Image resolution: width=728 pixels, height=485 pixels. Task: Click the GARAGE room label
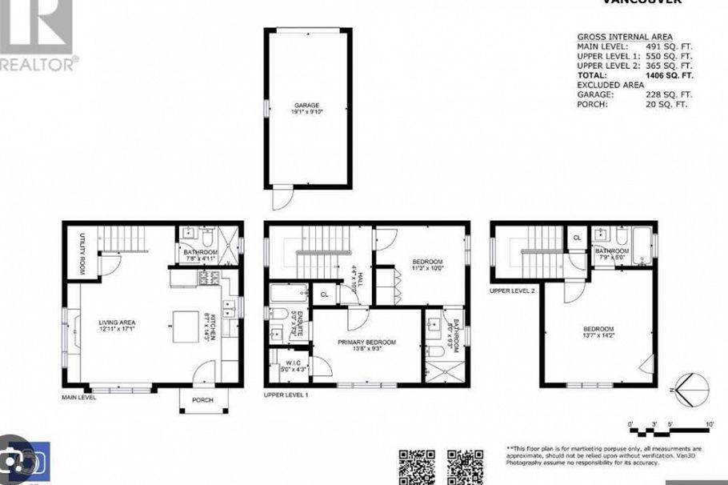(x=308, y=106)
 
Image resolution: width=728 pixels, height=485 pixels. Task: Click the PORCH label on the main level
(x=202, y=400)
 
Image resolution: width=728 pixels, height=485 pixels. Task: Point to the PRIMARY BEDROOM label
(x=366, y=343)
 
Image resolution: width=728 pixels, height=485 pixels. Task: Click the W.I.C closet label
(x=291, y=365)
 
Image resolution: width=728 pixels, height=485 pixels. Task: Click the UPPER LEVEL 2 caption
(x=513, y=291)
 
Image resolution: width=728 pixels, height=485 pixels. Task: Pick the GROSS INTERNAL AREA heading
(x=624, y=37)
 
